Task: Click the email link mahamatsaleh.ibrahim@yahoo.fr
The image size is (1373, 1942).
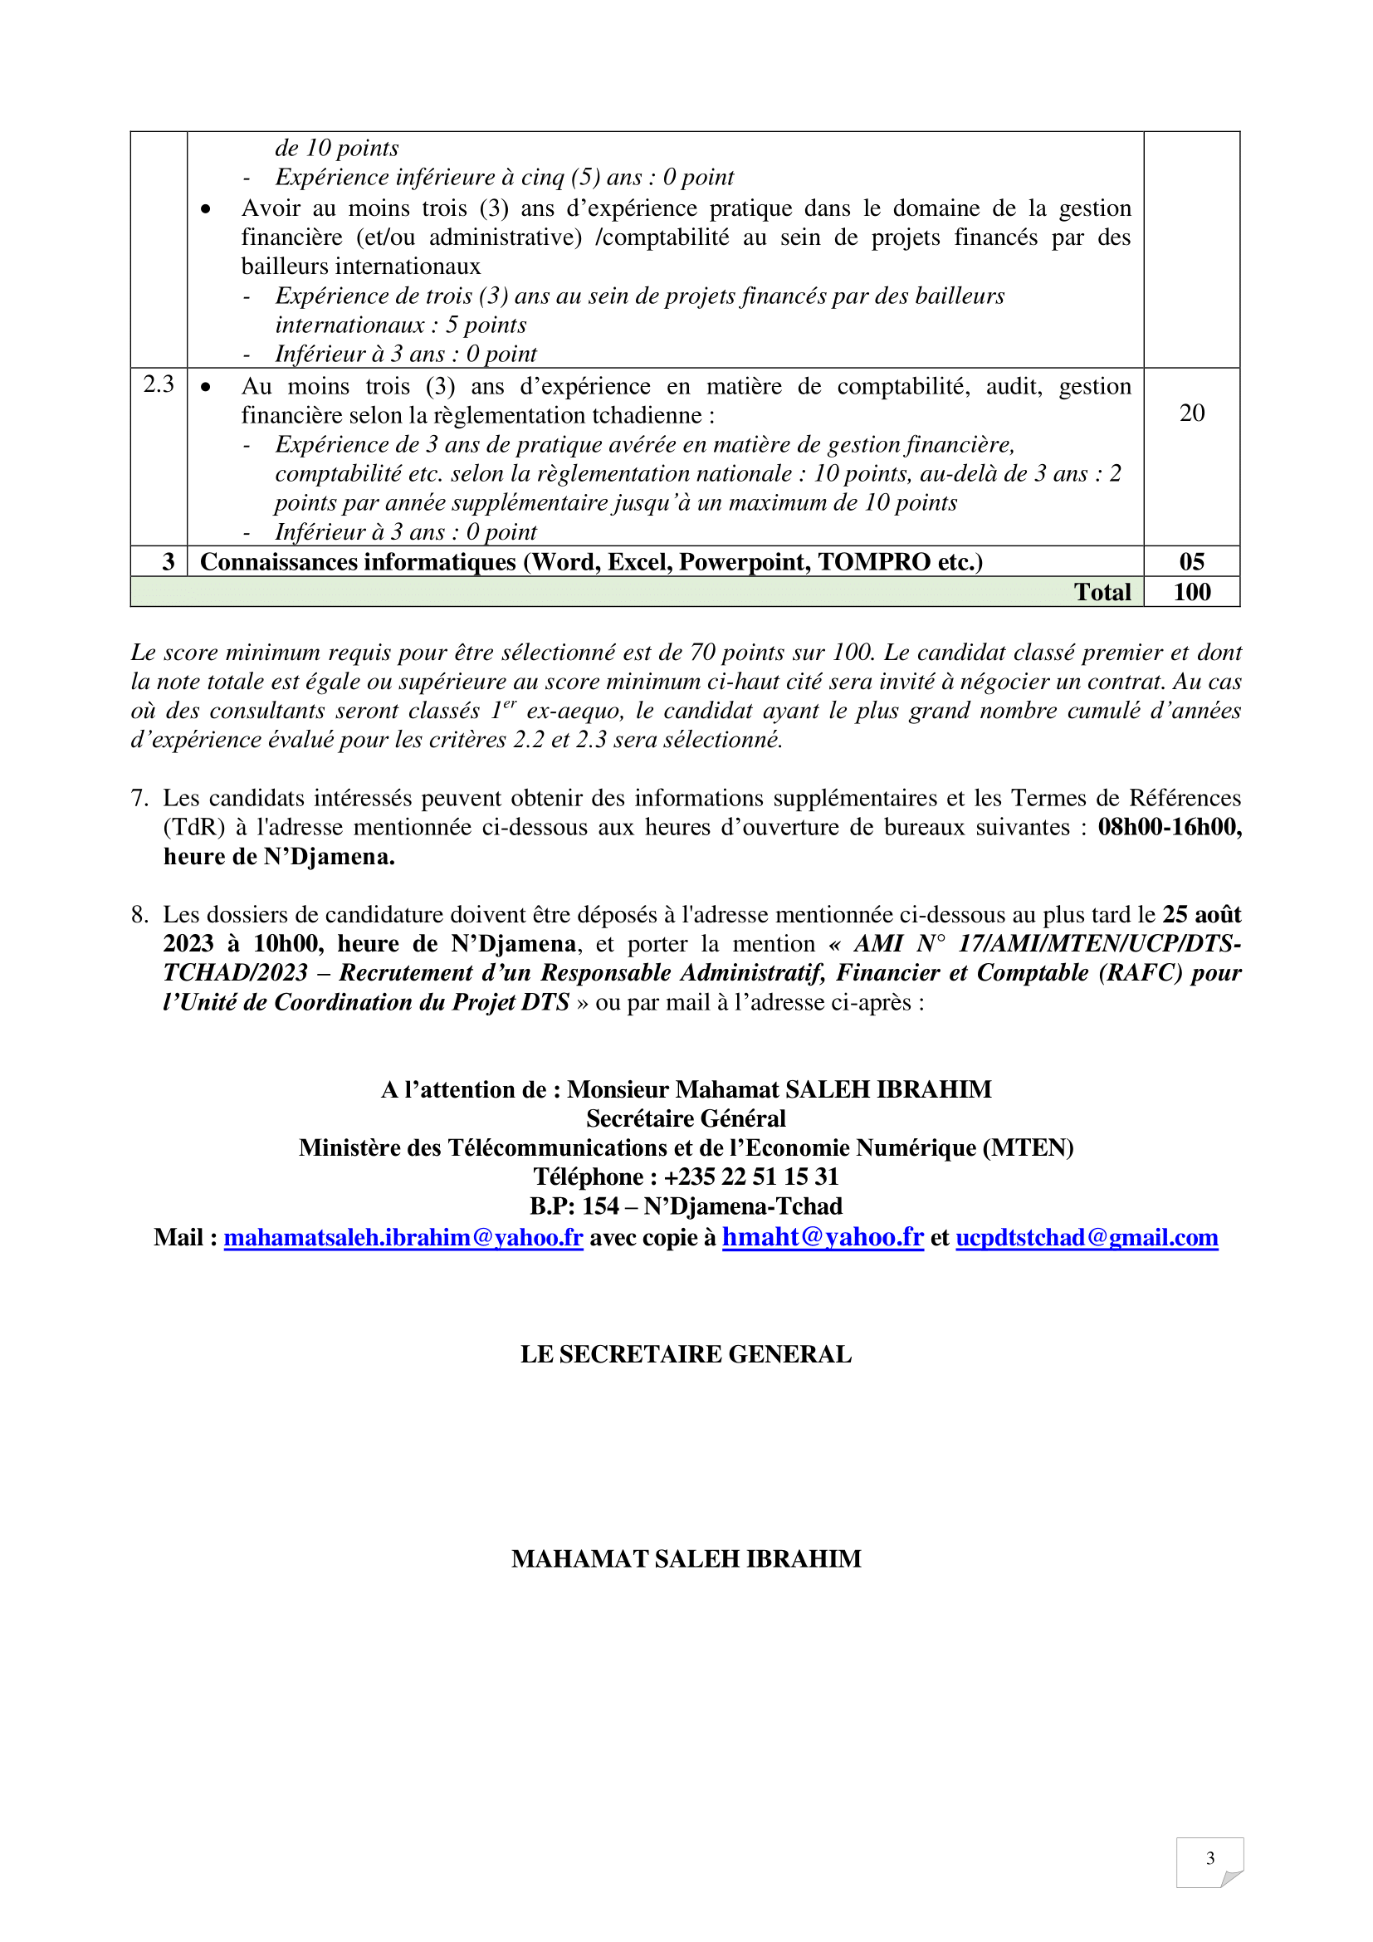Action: tap(403, 1237)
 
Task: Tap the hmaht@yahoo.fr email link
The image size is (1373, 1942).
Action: tap(823, 1237)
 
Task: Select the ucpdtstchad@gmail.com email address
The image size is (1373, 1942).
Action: tap(1087, 1237)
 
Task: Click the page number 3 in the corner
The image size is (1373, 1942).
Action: tap(1209, 1858)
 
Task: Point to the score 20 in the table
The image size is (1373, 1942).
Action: tap(1191, 413)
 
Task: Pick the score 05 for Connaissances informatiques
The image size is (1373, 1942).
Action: tap(1191, 561)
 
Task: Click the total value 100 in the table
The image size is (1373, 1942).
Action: tap(1191, 592)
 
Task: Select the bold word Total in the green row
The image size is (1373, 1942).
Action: tap(1102, 592)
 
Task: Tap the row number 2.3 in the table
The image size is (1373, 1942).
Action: tap(159, 384)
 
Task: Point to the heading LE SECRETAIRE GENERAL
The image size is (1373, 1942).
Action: tap(686, 1354)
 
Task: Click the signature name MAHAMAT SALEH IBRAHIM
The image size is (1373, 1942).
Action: tap(686, 1559)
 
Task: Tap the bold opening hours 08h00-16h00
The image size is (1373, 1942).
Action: tap(1170, 826)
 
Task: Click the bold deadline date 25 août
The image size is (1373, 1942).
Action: tap(1201, 914)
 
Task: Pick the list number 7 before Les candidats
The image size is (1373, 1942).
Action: tap(139, 798)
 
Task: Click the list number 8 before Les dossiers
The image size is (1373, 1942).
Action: tap(139, 914)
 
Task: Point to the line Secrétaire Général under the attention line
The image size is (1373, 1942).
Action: tap(686, 1118)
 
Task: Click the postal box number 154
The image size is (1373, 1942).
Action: tap(598, 1206)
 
